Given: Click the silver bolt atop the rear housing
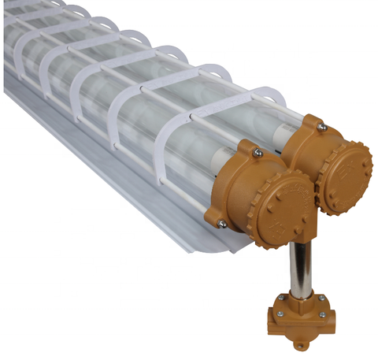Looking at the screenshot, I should pyautogui.click(x=321, y=126).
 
